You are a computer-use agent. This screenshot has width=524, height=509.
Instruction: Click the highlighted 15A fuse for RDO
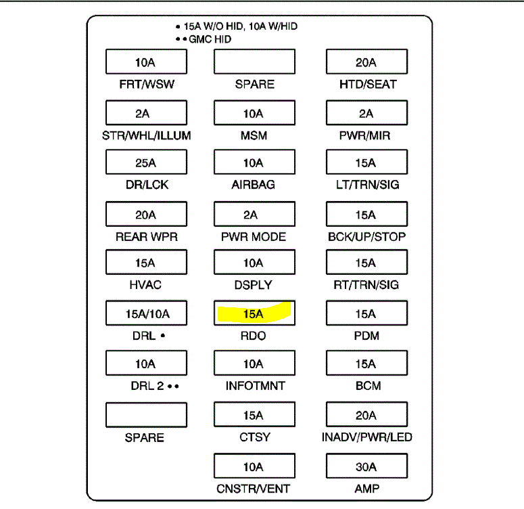click(x=254, y=313)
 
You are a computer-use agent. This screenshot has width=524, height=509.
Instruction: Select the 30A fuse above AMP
click(x=366, y=466)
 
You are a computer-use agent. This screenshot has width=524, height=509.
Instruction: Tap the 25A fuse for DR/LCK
click(x=145, y=162)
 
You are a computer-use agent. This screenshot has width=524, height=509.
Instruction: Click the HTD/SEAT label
click(x=367, y=85)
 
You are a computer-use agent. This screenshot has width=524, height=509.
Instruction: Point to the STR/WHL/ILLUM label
click(x=146, y=135)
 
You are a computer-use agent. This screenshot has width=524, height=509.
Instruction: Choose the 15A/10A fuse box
click(x=146, y=313)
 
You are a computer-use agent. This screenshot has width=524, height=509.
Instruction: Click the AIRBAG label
click(x=254, y=185)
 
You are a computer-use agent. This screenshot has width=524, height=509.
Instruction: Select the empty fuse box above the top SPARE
click(x=254, y=62)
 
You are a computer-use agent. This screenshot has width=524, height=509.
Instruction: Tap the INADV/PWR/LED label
click(x=366, y=437)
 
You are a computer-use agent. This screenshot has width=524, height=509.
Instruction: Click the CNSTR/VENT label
click(x=254, y=488)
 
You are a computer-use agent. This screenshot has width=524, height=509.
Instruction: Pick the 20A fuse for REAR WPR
click(x=145, y=215)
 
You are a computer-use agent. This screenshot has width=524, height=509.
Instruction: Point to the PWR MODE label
click(x=254, y=237)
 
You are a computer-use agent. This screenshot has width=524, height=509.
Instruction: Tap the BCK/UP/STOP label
click(x=366, y=237)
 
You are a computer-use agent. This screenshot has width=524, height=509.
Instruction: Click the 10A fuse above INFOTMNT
click(x=254, y=363)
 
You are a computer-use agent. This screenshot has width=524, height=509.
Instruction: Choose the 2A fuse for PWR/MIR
click(x=366, y=113)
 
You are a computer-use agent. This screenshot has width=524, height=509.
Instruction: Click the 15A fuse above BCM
click(x=366, y=363)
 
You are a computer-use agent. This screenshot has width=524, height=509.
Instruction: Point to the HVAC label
click(x=145, y=285)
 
